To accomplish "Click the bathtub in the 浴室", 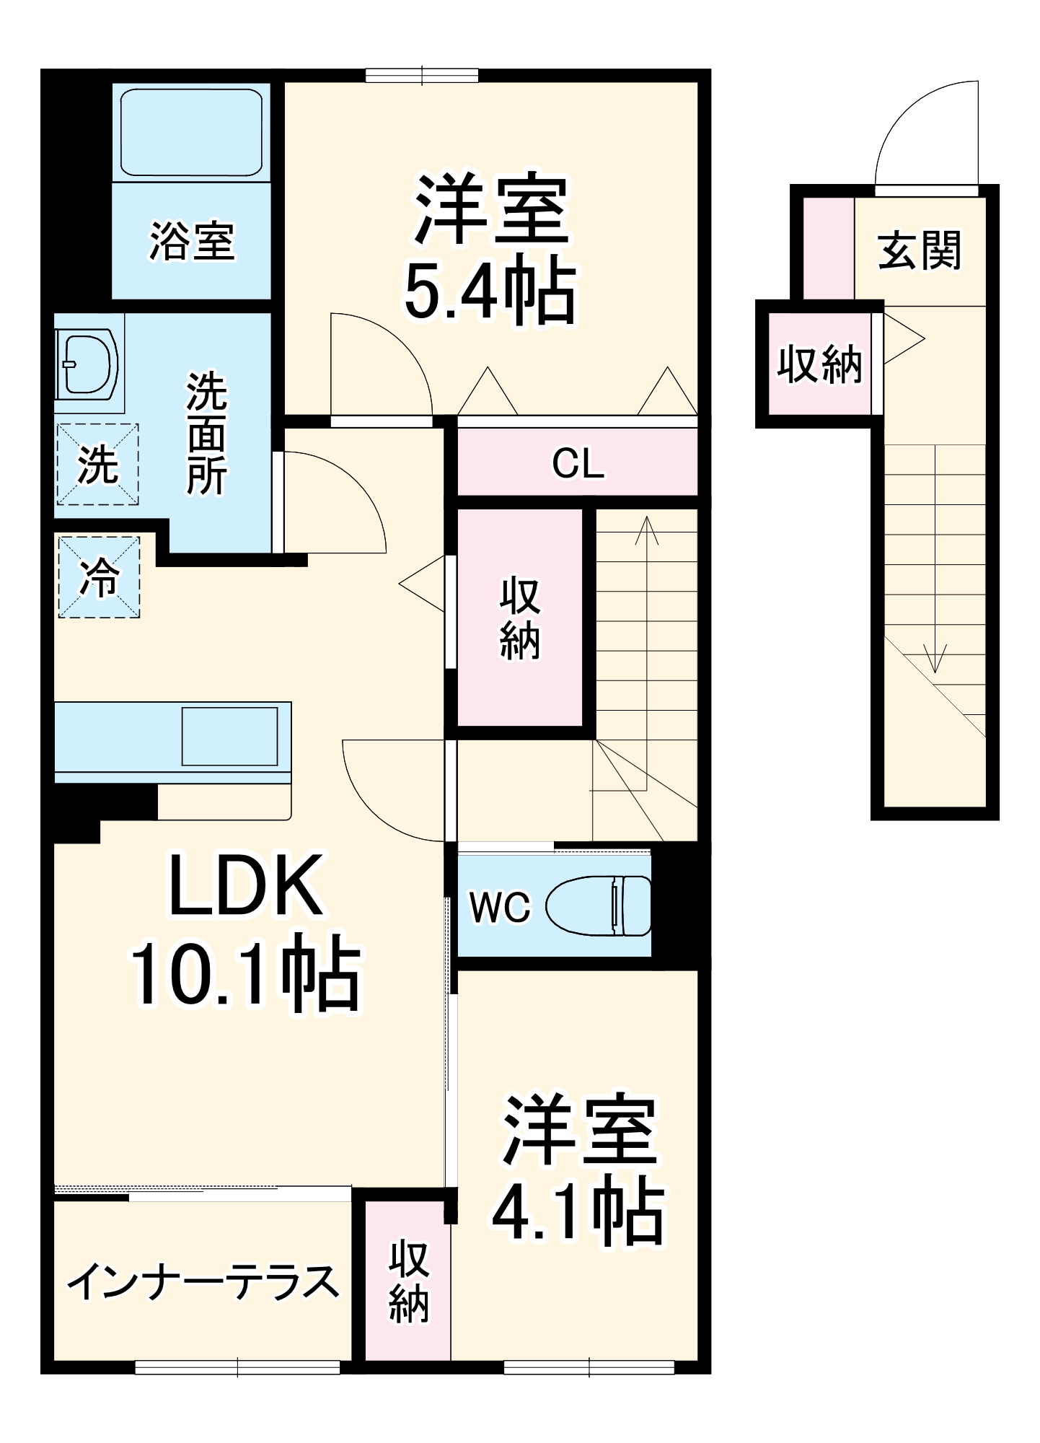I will pyautogui.click(x=191, y=133).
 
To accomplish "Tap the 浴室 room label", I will pyautogui.click(x=192, y=241).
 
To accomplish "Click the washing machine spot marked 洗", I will pyautogui.click(x=97, y=465).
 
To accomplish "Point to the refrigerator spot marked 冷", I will pyautogui.click(x=99, y=577).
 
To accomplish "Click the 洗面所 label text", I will pyautogui.click(x=206, y=434).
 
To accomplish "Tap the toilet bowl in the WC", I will pyautogui.click(x=596, y=905).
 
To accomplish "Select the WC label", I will pyautogui.click(x=499, y=907).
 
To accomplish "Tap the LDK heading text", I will pyautogui.click(x=245, y=886).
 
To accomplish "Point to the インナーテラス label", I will pyautogui.click(x=203, y=1282).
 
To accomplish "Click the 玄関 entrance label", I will pyautogui.click(x=920, y=250).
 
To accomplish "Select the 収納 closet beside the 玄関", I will pyautogui.click(x=819, y=364).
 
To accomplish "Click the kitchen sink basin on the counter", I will pyautogui.click(x=229, y=736).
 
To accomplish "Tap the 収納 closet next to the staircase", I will pyautogui.click(x=519, y=618).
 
